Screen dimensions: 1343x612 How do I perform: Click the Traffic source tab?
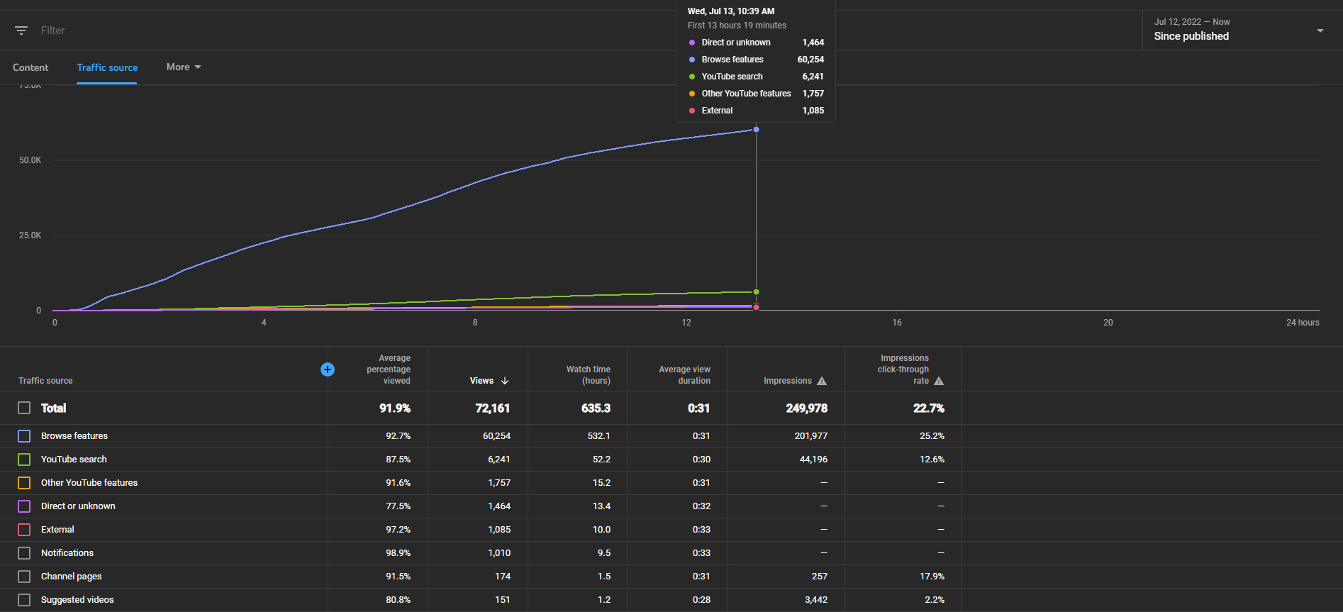107,67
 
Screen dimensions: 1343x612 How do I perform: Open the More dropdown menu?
184,67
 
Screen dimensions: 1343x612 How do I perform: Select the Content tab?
30,67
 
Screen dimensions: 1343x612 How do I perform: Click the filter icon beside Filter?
21,30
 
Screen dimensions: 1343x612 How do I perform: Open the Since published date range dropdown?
1239,30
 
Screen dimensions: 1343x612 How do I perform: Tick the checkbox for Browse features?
24,436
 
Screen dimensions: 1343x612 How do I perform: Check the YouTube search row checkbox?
24,460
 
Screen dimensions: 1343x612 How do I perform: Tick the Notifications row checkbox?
24,553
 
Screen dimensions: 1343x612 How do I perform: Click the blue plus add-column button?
328,369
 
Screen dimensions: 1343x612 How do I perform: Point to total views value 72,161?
493,408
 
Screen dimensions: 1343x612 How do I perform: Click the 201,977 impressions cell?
811,436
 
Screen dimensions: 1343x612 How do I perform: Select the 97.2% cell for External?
399,530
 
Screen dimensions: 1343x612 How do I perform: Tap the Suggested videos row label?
77,600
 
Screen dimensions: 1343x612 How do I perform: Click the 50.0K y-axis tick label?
30,160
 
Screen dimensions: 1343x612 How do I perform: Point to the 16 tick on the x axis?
897,323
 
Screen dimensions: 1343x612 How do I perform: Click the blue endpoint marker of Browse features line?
757,130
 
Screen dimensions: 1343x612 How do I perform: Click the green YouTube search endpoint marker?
757,292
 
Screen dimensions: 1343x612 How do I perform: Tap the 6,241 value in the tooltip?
813,77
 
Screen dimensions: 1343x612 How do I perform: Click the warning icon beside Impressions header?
822,381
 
